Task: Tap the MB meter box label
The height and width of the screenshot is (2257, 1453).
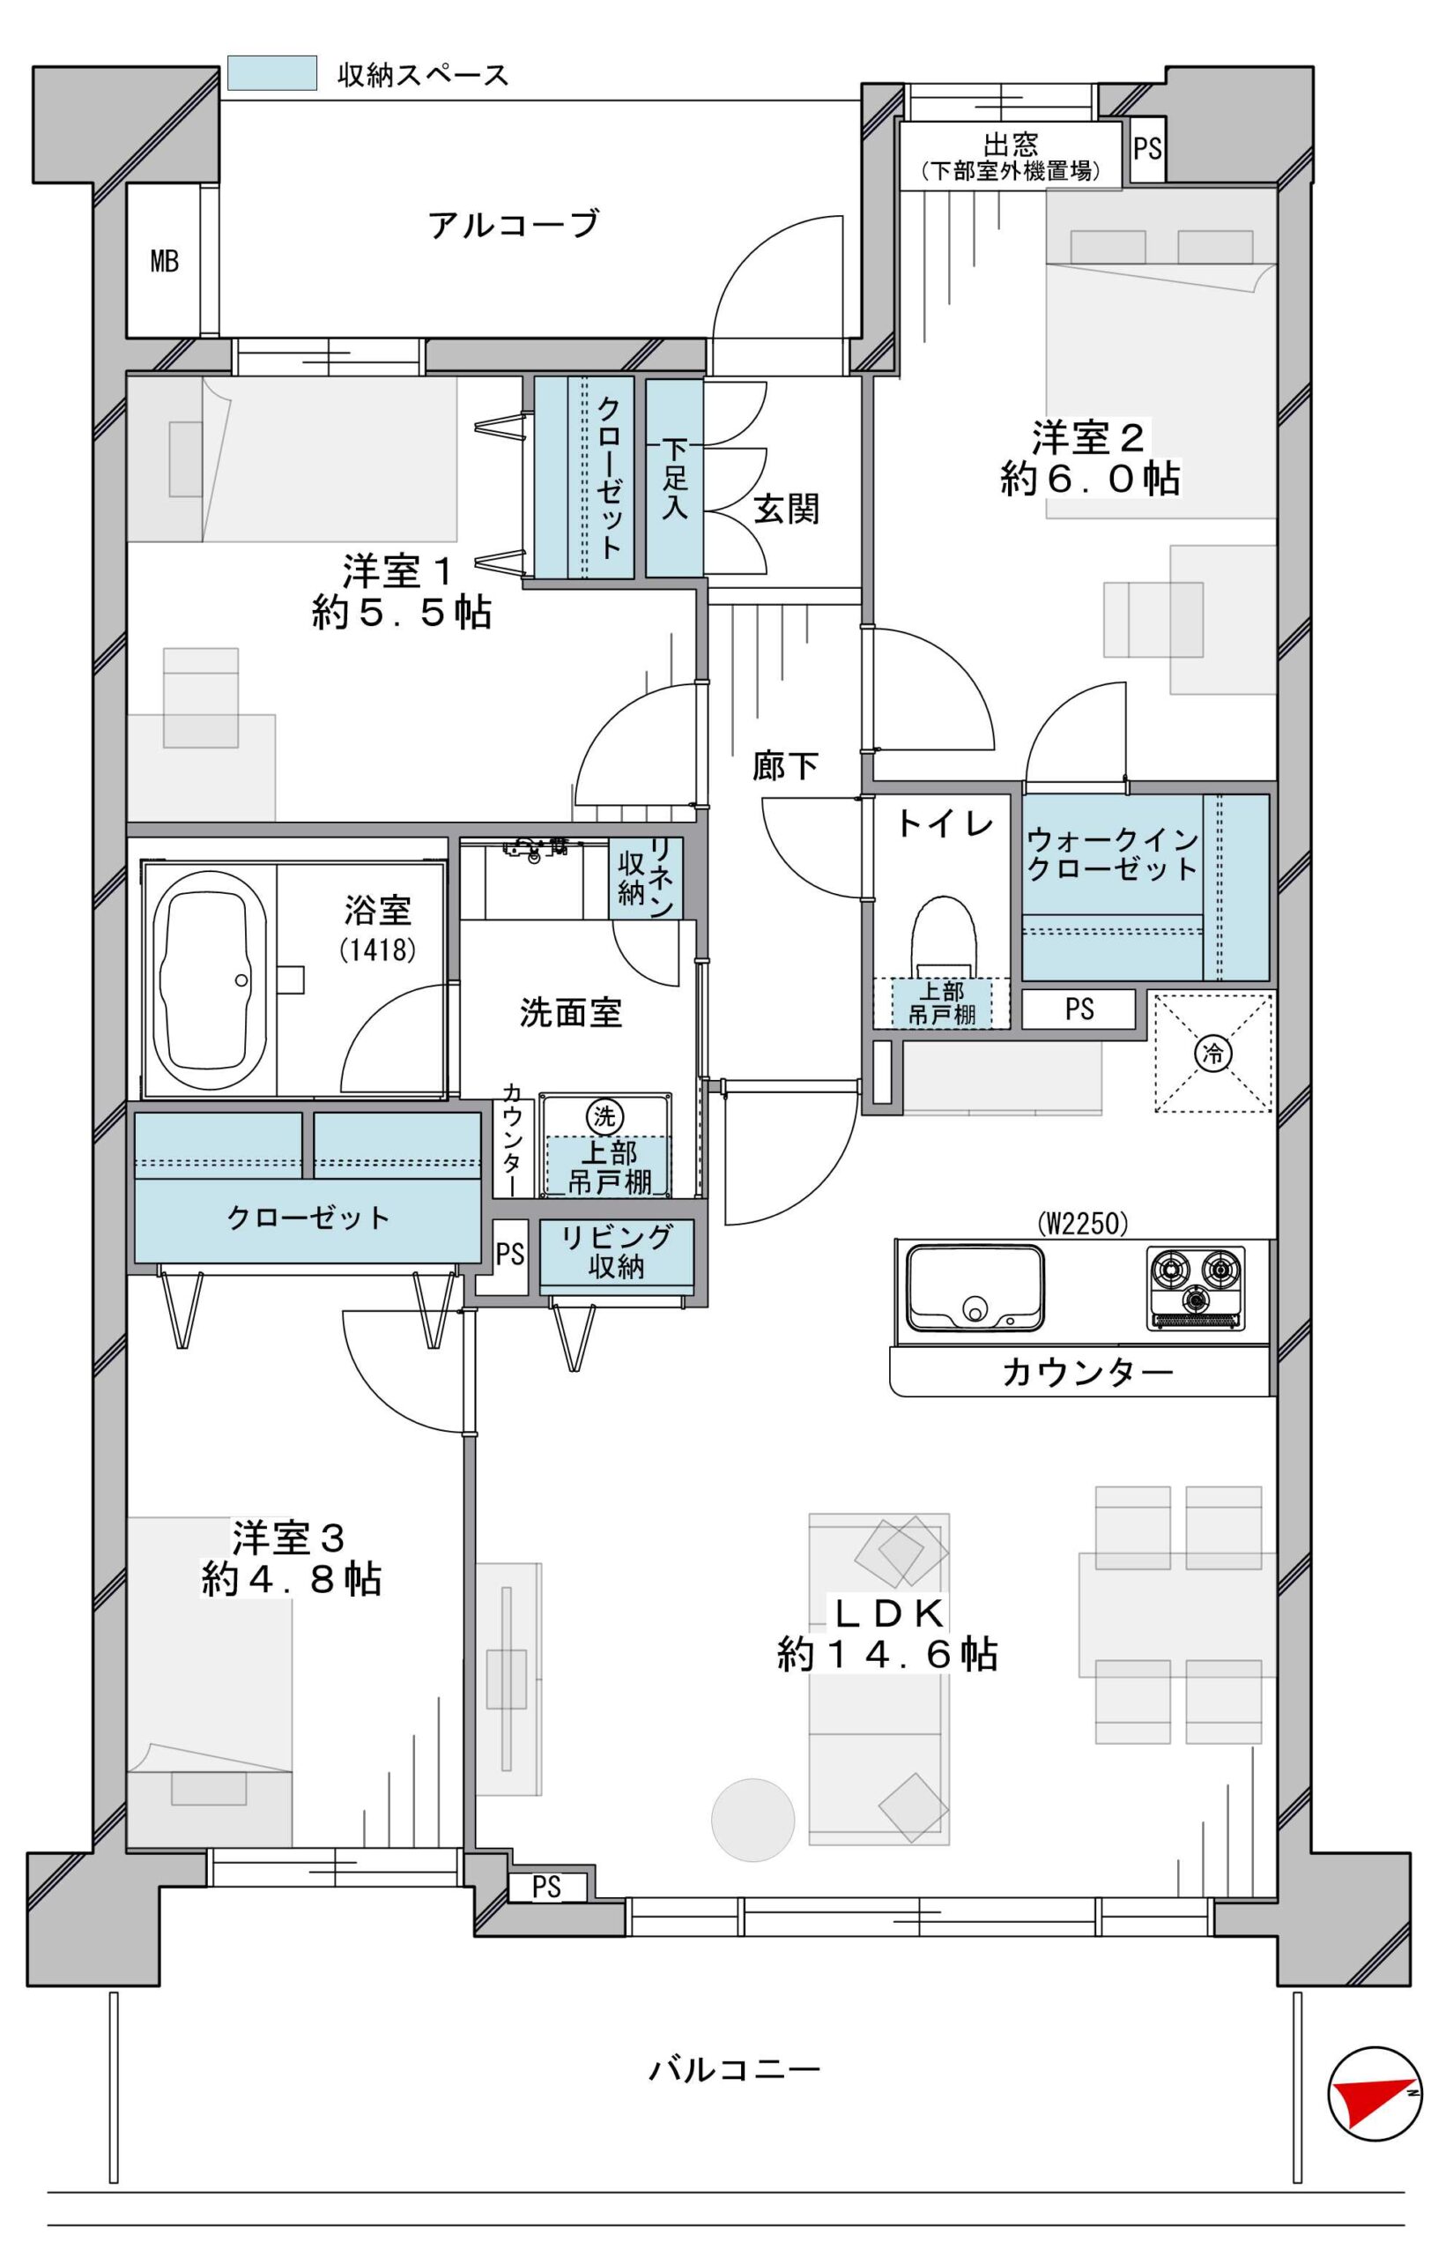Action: tap(164, 261)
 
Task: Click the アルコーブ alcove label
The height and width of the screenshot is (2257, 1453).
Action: tap(514, 225)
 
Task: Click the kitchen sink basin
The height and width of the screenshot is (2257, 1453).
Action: tap(975, 1285)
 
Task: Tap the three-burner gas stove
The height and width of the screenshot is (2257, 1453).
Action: tap(1196, 1287)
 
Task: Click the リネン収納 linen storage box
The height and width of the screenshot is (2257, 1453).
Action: tap(645, 879)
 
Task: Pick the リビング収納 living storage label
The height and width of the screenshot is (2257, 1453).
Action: tap(616, 1252)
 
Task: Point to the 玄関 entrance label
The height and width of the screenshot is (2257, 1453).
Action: tap(786, 509)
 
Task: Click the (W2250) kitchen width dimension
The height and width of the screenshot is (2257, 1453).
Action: tap(1082, 1224)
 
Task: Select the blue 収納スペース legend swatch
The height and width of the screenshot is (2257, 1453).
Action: tap(271, 72)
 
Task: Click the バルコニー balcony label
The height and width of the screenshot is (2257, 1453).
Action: tap(734, 2070)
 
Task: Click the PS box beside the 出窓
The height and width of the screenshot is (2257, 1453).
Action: tap(1147, 149)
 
